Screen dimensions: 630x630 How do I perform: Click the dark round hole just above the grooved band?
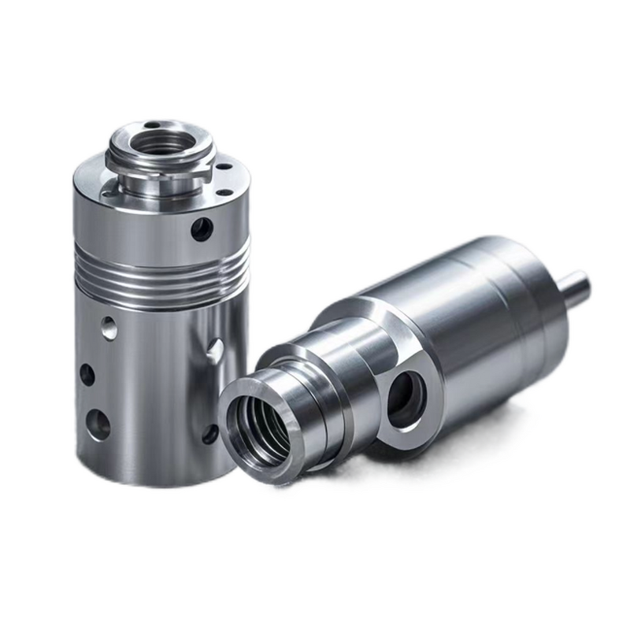coord(202,229)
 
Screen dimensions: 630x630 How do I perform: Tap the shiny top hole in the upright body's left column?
coord(109,327)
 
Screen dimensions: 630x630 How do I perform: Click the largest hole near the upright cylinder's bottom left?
coord(98,424)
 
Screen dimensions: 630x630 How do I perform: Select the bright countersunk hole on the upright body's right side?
coord(213,350)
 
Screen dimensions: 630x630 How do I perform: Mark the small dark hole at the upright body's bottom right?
coord(210,434)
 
